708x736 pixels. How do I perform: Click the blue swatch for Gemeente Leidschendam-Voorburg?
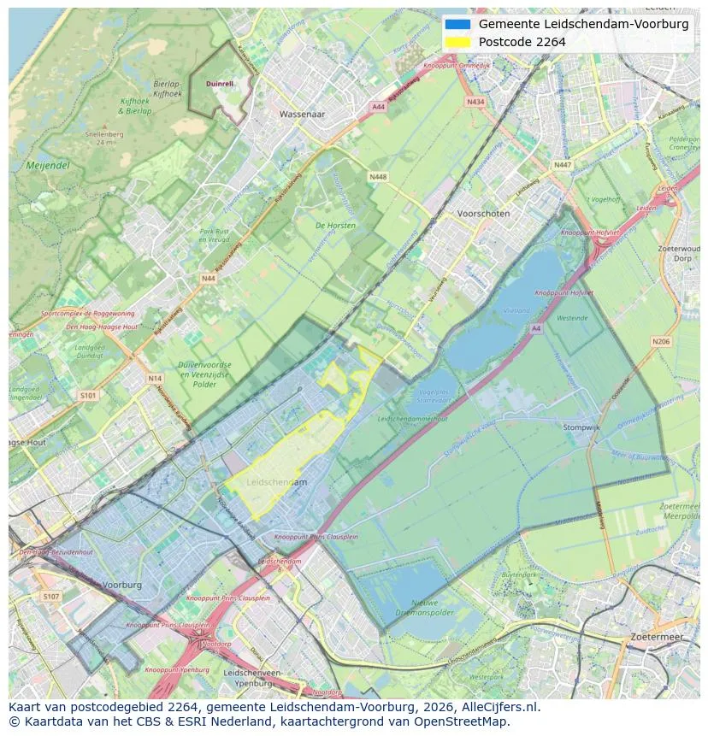tap(458, 24)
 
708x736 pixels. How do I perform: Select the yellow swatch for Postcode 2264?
tap(458, 42)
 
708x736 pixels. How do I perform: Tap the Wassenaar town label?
tap(303, 114)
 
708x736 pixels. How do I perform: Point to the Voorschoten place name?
tap(483, 214)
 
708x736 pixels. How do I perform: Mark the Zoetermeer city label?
tap(657, 637)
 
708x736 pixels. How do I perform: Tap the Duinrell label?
tap(220, 84)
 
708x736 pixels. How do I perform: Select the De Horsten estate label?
tap(335, 226)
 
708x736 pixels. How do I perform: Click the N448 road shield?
tap(377, 176)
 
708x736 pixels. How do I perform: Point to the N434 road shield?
tap(475, 102)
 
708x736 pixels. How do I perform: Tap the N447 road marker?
tap(562, 165)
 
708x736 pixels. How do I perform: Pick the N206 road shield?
tap(660, 342)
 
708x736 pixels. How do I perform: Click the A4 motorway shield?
tap(535, 327)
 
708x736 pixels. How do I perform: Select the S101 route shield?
tap(88, 396)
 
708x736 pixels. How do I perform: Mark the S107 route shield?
tap(51, 596)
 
